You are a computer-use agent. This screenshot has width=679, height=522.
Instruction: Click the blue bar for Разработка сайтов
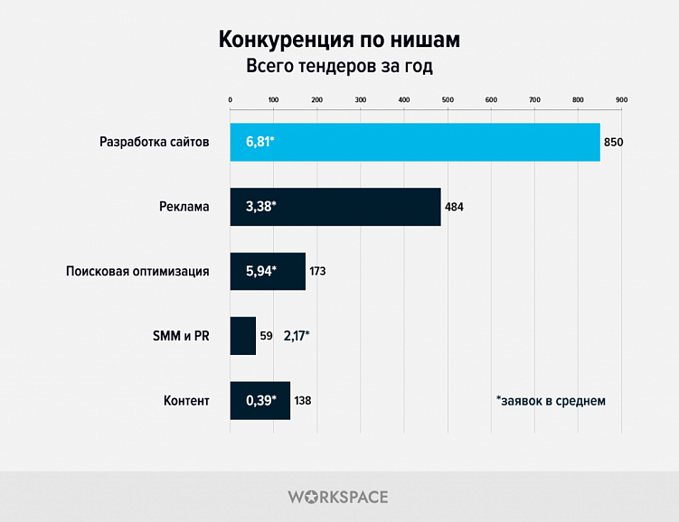tap(415, 142)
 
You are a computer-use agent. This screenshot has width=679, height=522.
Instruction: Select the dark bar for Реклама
tap(335, 207)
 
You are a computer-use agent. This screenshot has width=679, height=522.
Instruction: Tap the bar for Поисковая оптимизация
tap(268, 271)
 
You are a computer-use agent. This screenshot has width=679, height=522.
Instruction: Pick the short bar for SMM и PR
tap(243, 335)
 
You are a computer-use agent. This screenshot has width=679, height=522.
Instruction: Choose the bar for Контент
tap(260, 400)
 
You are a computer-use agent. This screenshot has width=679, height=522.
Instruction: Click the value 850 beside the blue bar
tap(614, 143)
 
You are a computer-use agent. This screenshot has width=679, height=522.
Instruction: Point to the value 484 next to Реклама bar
tap(454, 207)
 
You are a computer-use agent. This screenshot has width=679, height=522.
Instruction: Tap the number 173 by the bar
tap(317, 271)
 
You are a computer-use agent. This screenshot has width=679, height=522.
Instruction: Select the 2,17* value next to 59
tap(297, 336)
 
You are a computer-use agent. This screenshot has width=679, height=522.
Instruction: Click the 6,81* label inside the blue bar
tap(259, 142)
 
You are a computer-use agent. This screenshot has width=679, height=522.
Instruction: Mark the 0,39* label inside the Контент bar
tap(260, 400)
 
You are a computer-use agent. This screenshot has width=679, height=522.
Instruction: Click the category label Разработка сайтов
tap(155, 143)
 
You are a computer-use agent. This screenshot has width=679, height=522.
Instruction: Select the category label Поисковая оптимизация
tap(138, 271)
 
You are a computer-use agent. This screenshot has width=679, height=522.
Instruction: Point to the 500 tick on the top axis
tap(448, 98)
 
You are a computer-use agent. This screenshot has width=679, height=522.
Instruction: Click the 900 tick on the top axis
tap(621, 98)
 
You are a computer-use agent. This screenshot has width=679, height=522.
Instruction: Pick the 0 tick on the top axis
tap(231, 98)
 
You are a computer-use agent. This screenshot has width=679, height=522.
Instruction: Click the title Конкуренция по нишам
tap(339, 41)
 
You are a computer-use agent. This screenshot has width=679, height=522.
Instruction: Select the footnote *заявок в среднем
tap(551, 400)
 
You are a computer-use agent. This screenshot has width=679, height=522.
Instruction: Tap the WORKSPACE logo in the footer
tap(338, 497)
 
